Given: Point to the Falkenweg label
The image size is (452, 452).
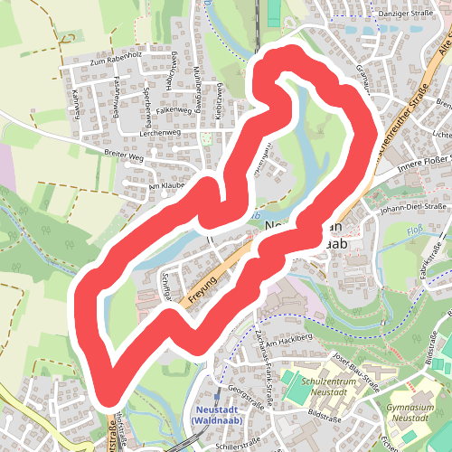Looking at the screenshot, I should [174, 109].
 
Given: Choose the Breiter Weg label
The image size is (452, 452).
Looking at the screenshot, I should [124, 155].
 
